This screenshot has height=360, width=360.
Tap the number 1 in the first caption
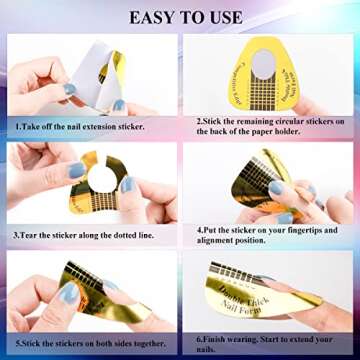click(x=17, y=128)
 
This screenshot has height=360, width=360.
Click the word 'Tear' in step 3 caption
click(x=29, y=236)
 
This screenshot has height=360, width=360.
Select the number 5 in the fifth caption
click(x=17, y=341)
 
